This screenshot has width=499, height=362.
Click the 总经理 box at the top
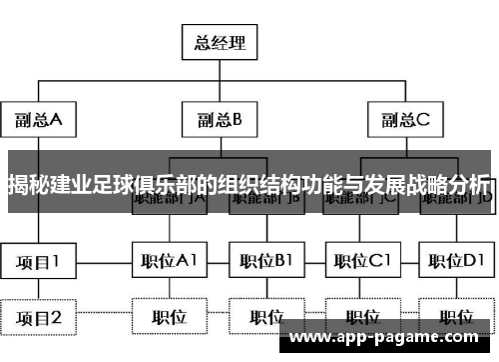[218, 43]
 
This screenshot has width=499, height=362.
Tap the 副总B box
[220, 120]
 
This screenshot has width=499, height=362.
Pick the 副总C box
[404, 120]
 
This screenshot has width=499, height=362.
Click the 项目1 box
[39, 262]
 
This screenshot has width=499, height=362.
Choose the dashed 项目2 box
[39, 317]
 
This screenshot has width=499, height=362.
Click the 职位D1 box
[456, 262]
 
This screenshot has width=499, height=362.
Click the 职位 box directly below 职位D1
[456, 317]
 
